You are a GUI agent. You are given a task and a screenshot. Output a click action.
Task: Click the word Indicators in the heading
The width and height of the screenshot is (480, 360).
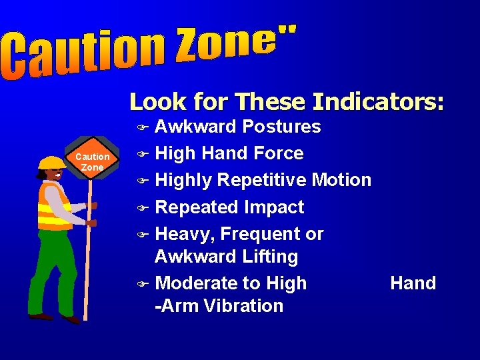click(x=378, y=102)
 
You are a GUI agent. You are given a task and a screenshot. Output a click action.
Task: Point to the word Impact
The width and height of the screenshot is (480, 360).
click(x=275, y=207)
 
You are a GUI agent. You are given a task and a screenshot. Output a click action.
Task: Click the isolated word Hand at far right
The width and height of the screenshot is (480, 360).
click(x=413, y=283)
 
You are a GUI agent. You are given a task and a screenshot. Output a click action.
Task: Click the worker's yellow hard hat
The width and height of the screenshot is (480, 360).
click(x=51, y=163)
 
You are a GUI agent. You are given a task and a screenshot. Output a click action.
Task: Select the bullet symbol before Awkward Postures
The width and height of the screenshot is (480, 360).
click(x=140, y=127)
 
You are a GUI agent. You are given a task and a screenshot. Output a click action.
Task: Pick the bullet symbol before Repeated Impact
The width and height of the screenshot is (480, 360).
click(x=140, y=208)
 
